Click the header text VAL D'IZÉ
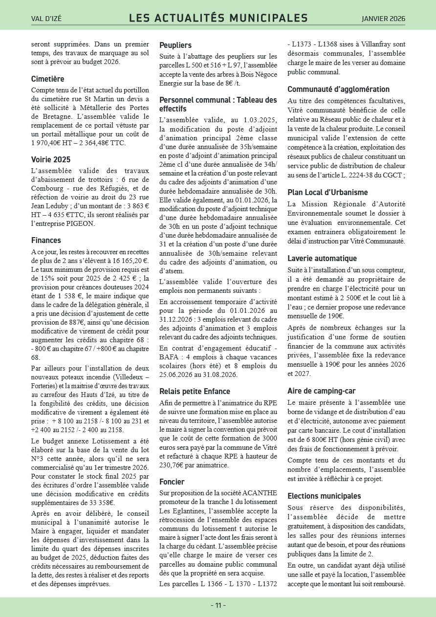pyautogui.click(x=46, y=19)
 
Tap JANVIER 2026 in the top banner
pyautogui.click(x=383, y=19)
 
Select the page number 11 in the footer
pyautogui.click(x=218, y=605)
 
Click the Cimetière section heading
pyautogui.click(x=47, y=79)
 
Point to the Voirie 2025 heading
pyautogui.click(x=51, y=159)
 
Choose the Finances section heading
pyautogui.click(x=46, y=240)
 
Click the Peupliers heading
pyautogui.click(x=175, y=45)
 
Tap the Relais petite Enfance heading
pyautogui.click(x=195, y=391)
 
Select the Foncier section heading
pyautogui.click(x=172, y=482)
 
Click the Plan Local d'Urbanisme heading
pyautogui.click(x=327, y=192)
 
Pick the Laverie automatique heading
pyautogui.click(x=322, y=258)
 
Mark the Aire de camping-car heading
pyautogui.click(x=321, y=391)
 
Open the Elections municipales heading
pyautogui.click(x=324, y=496)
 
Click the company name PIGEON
pyautogui.click(x=81, y=223)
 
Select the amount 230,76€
pyautogui.click(x=174, y=465)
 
